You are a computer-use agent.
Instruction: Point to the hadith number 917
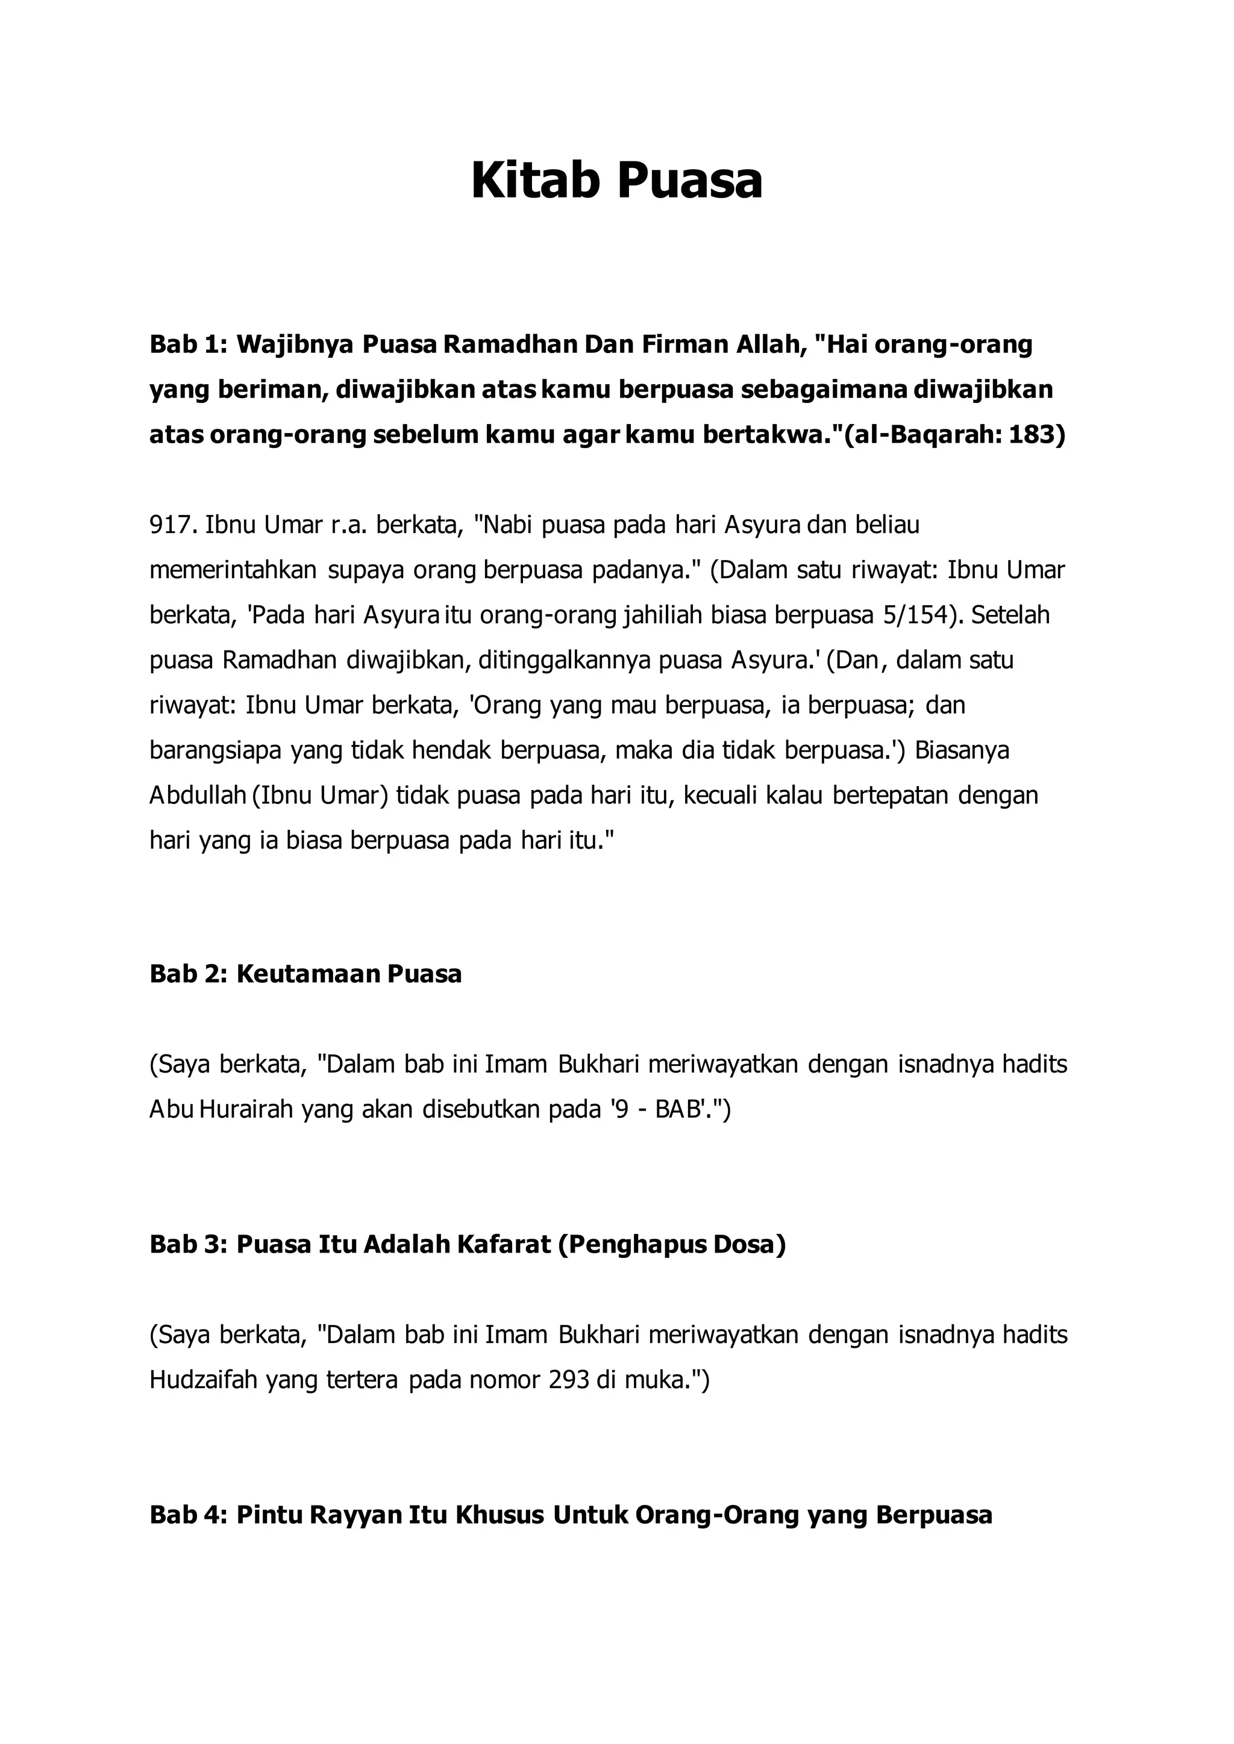tap(172, 525)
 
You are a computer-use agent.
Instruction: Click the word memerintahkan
tap(233, 570)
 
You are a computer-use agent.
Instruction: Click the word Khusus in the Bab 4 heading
tap(500, 1515)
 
